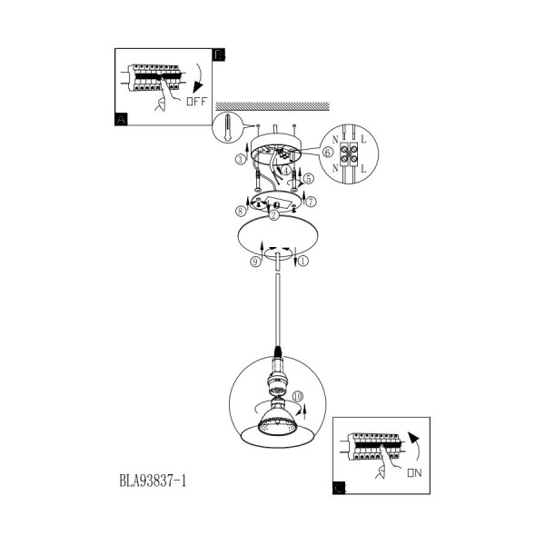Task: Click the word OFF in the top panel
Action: coord(197,102)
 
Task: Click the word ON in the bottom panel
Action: coord(415,472)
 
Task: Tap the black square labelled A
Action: coord(122,119)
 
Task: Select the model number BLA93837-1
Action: coord(153,481)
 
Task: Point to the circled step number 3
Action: coord(240,160)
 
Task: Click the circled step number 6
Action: coord(327,153)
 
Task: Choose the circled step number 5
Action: coord(308,179)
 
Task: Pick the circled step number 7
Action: coord(311,202)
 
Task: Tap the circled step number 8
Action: coord(241,211)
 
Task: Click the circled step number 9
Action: coord(255,262)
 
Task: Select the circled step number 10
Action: coord(298,396)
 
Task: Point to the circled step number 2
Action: coord(273,215)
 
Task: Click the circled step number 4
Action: coord(286,171)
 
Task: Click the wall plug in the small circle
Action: coord(227,127)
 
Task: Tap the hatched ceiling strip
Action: coord(272,106)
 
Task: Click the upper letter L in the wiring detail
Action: coord(363,139)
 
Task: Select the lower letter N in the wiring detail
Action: coord(335,168)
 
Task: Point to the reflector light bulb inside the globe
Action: coord(277,419)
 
